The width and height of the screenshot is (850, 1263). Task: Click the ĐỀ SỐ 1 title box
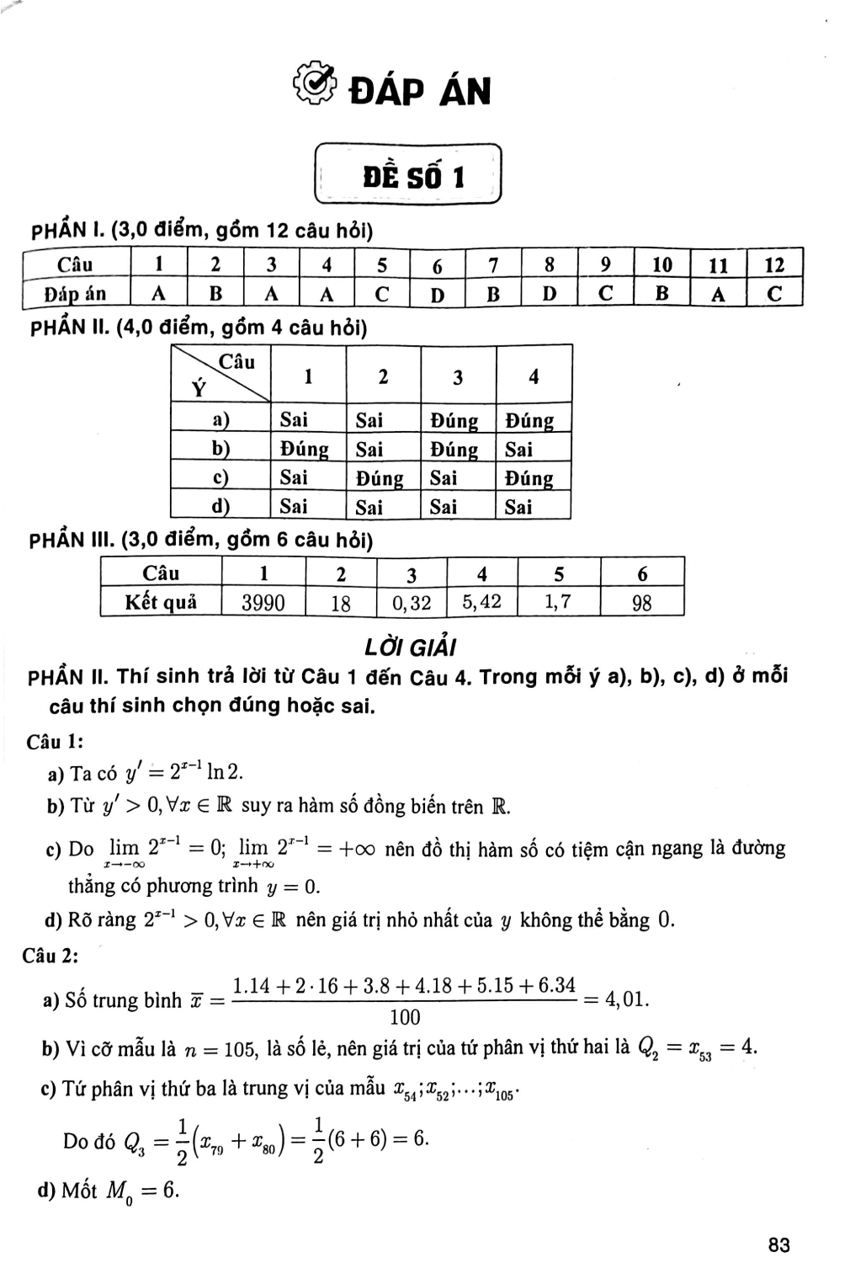click(408, 175)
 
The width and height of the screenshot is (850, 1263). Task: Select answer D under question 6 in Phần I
click(437, 294)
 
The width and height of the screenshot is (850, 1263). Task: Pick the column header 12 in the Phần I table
click(774, 265)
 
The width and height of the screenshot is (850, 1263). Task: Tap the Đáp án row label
click(76, 294)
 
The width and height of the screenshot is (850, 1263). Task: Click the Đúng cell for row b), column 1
click(305, 449)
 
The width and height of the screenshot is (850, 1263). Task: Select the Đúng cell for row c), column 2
click(380, 478)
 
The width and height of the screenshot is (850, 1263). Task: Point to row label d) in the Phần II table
click(220, 507)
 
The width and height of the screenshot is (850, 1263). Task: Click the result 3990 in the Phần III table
click(263, 603)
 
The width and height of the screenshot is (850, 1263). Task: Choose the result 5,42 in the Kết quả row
click(481, 602)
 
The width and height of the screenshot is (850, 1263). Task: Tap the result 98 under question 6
click(642, 603)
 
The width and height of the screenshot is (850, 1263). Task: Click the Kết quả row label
click(160, 602)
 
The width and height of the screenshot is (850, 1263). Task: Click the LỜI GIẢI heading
click(410, 647)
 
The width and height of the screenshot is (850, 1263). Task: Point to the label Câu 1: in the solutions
click(55, 742)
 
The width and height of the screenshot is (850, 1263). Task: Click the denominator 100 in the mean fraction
click(405, 1018)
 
